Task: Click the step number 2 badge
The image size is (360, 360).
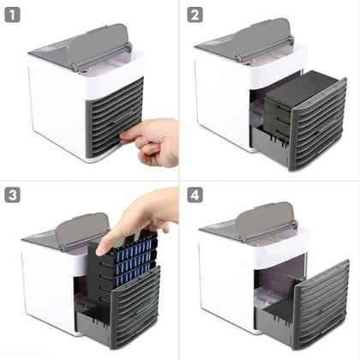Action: tap(195, 15)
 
